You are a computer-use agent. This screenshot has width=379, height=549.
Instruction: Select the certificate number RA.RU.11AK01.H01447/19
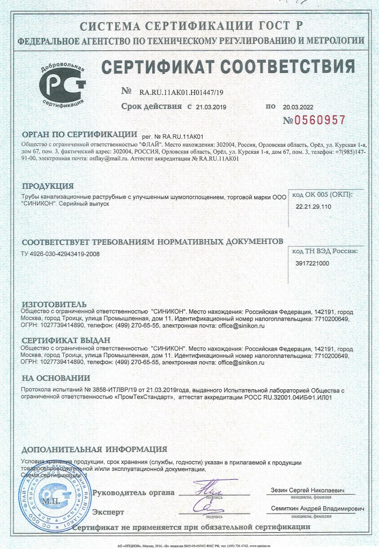coord(181,92)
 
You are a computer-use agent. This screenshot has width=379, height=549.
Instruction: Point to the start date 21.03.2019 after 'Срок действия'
coord(211,107)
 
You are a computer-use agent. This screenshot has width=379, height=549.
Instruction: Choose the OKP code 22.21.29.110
coord(314,206)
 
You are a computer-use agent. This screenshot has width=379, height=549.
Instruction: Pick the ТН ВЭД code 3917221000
coord(313,263)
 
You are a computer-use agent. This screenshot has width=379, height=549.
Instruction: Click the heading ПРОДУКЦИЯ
coord(47,187)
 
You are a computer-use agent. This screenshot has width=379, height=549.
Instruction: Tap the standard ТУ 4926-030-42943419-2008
coord(60,254)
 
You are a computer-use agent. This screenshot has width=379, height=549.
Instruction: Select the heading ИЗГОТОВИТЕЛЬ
coord(54,304)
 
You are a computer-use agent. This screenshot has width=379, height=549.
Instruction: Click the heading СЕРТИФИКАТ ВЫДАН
coord(65,340)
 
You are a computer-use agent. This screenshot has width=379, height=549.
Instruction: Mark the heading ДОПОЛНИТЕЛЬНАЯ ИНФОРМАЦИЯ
coord(94,449)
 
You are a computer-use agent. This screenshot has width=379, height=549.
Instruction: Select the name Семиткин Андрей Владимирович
coord(315,508)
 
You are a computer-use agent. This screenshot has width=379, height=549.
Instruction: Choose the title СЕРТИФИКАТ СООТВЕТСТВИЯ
coord(228,67)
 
